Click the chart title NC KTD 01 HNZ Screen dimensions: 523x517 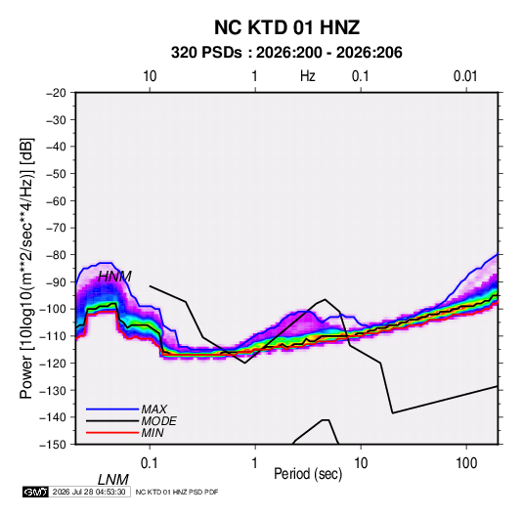286,27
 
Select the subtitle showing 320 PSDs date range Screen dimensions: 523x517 286,53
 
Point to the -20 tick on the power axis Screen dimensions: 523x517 56,93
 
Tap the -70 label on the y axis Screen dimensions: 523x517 56,228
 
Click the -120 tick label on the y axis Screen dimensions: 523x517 53,363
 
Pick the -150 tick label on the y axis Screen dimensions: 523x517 53,445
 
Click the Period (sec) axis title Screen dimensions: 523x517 308,474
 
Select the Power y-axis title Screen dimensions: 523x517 26,268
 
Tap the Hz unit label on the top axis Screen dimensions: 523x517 308,76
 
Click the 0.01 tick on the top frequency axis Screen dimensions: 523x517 465,76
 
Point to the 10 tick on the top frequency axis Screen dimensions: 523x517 150,76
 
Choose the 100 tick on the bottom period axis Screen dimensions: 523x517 466,463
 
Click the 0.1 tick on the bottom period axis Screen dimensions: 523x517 149,463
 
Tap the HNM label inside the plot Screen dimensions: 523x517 114,277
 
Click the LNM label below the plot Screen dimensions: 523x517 112,480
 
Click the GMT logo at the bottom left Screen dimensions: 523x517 36,492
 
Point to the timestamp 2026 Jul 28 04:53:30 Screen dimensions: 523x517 89,492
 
